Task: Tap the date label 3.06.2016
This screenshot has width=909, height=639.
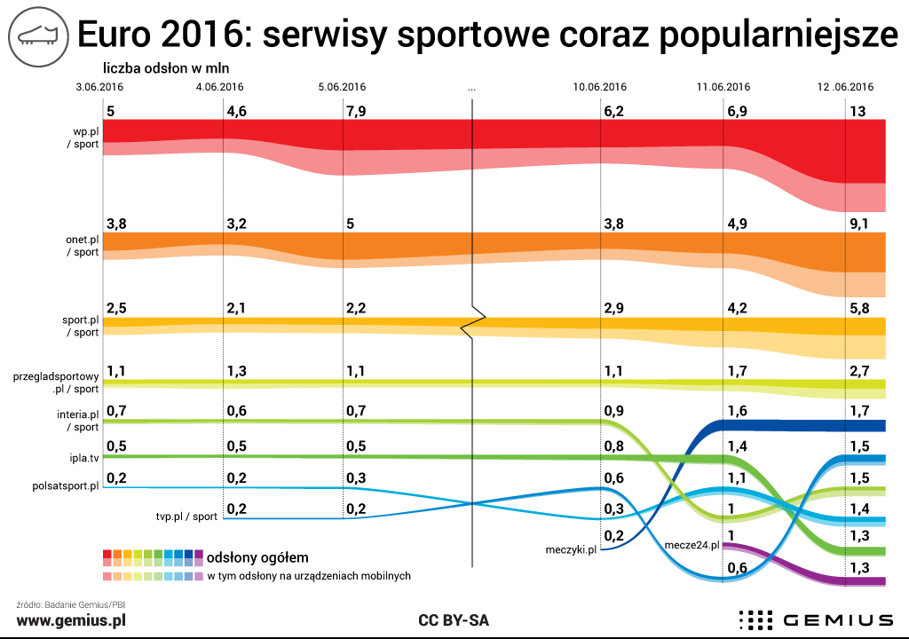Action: (99, 87)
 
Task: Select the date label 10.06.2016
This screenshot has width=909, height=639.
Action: (600, 87)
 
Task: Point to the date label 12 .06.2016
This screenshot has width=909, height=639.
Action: (845, 87)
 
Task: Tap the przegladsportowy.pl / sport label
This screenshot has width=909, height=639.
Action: (56, 383)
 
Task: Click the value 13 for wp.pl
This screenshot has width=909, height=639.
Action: (858, 112)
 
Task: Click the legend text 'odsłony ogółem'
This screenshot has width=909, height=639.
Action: (257, 557)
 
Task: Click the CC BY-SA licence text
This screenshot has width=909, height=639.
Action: (454, 619)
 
